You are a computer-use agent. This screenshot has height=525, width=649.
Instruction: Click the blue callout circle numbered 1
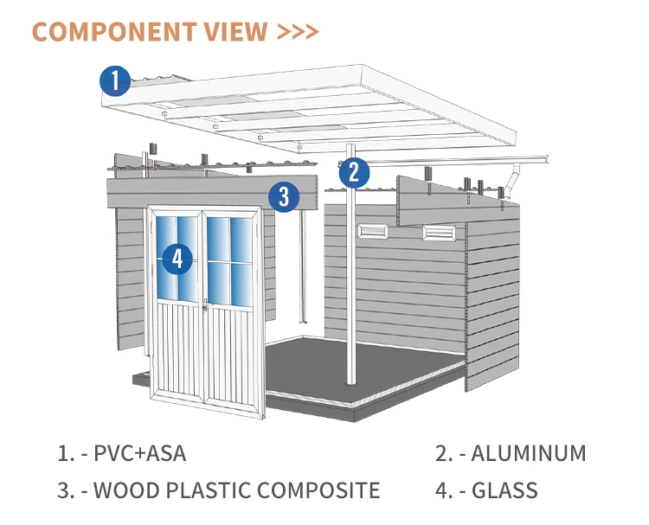[114, 80]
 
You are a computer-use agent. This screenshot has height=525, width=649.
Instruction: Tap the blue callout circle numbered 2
[354, 172]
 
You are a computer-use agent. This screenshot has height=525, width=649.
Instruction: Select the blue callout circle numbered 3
[283, 196]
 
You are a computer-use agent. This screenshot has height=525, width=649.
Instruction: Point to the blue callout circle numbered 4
[177, 258]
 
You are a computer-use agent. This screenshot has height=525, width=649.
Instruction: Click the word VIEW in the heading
[239, 32]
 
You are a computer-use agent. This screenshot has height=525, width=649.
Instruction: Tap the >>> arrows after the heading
[299, 32]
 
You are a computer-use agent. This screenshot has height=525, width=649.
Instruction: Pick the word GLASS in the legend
[504, 490]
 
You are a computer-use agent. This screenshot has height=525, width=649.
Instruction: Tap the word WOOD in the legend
[122, 490]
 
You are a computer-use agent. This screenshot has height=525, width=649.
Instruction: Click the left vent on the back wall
[374, 231]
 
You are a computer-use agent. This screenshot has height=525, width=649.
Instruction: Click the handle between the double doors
[204, 304]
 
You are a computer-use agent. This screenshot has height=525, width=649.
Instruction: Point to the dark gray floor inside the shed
[363, 363]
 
